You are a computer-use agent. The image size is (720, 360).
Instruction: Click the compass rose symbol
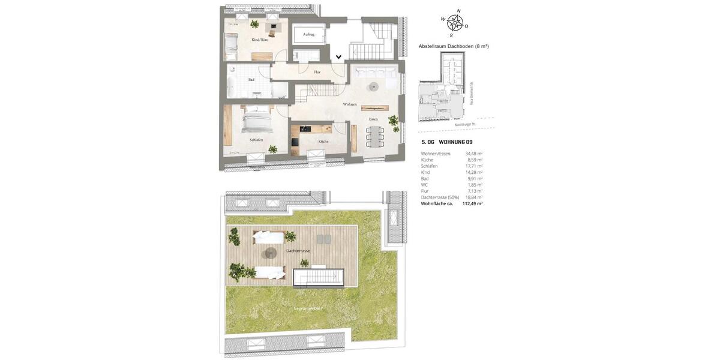(455, 23)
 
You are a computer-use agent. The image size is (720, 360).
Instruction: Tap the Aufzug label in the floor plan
(308, 34)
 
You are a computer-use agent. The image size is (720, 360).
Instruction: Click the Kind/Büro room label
(260, 40)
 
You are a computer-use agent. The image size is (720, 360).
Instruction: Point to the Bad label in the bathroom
(251, 79)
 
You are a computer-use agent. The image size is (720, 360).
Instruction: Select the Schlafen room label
(256, 140)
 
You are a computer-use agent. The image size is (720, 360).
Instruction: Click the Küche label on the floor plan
(323, 141)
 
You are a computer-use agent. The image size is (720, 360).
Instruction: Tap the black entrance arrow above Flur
(338, 57)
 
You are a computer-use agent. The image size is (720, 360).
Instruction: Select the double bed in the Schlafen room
(257, 120)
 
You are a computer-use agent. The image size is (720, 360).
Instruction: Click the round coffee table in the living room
(373, 86)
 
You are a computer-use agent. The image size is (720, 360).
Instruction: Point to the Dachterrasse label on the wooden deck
(298, 250)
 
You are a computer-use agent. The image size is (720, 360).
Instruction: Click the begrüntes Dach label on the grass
(308, 308)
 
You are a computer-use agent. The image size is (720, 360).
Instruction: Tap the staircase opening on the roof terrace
(318, 277)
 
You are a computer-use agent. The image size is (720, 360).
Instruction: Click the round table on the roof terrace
(271, 253)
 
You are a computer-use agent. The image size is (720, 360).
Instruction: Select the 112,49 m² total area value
(472, 203)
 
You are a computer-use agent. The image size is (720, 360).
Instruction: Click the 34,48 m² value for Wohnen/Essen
(473, 154)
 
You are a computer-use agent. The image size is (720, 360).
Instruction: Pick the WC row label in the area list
(424, 185)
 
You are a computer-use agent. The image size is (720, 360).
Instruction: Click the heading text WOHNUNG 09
(455, 142)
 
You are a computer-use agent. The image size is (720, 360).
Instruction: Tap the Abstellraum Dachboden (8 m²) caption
(454, 46)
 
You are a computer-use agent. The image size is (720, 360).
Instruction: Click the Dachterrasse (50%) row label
(440, 197)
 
